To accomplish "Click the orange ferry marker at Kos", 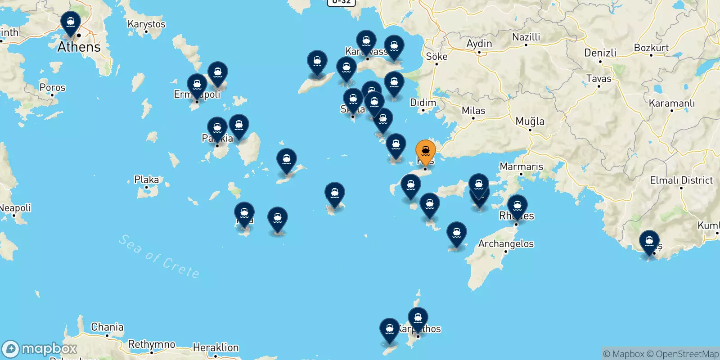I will point(425,151).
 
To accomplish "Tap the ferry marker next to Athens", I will point(71,22).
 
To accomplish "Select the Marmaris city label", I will point(521,166).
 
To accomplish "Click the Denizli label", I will point(600,53).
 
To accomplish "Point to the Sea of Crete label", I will point(159,256).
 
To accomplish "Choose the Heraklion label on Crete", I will point(216,347).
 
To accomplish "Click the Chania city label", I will point(107,327).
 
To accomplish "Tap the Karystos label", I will point(146,24).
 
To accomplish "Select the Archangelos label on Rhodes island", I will point(506,244).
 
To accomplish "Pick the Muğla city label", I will point(530,121).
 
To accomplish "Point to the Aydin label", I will point(479,44).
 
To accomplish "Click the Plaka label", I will point(146,180).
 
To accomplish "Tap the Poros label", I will point(52,87).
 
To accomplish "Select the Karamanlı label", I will point(671,103).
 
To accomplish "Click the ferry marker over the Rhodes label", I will point(517,206).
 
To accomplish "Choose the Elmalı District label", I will point(681,180).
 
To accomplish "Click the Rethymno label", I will point(152,345).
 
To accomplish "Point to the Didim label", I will point(423,103).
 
